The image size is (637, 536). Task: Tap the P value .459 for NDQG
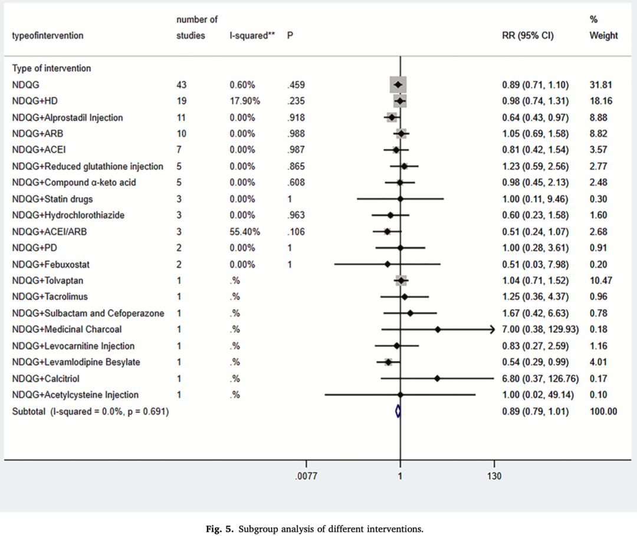[296, 85]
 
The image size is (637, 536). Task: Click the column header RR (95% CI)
[528, 35]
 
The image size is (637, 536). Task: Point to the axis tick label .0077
[306, 476]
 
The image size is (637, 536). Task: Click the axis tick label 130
[494, 476]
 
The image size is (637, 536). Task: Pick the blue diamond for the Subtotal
[398, 412]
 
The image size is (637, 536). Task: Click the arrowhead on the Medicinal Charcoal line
[492, 330]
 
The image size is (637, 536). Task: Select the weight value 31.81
[600, 85]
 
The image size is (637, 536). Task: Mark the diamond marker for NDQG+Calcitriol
[437, 379]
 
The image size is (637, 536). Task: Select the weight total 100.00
[603, 412]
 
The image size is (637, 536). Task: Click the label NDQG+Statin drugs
[52, 199]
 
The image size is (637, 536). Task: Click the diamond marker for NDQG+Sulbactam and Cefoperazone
[410, 313]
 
